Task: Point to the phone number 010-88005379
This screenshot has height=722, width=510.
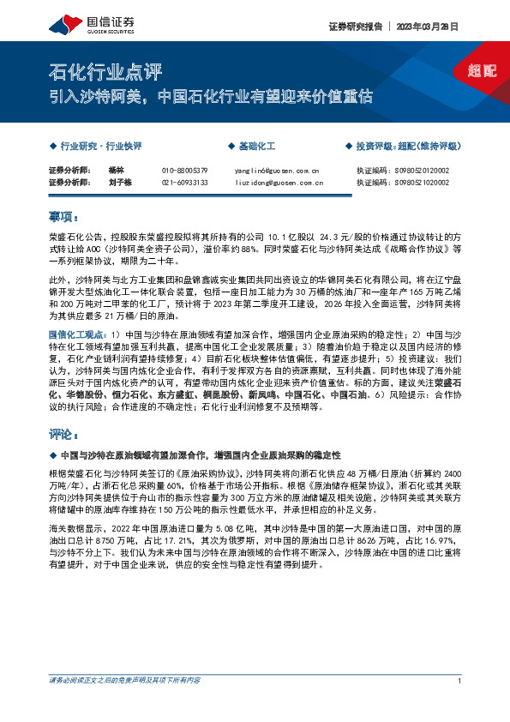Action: click(x=184, y=171)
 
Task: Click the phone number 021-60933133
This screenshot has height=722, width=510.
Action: click(x=184, y=183)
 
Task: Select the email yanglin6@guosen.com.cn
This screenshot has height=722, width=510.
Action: click(x=276, y=171)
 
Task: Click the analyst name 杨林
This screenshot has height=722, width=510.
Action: click(x=117, y=171)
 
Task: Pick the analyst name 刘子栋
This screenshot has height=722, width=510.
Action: click(x=121, y=183)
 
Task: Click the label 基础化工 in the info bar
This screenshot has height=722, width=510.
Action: click(x=255, y=146)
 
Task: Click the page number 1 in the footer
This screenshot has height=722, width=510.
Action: click(x=460, y=680)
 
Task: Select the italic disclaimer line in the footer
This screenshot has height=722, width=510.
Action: click(x=125, y=680)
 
